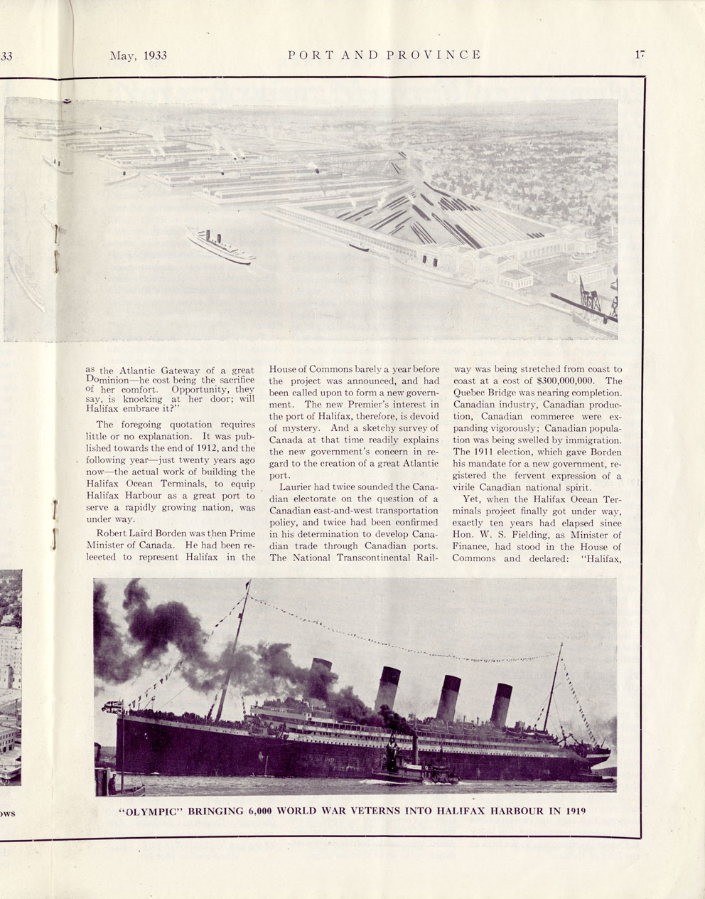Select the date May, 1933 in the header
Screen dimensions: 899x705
click(x=138, y=55)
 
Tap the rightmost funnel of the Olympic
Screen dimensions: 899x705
click(x=500, y=704)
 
